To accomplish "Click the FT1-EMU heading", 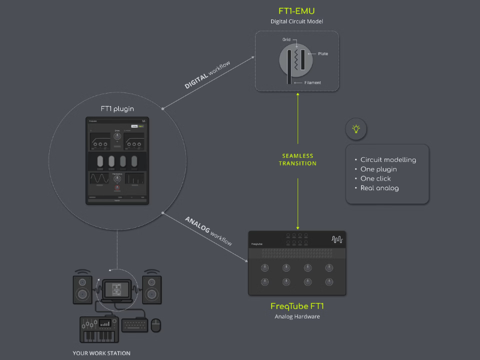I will [297, 11].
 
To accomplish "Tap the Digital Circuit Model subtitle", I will [297, 22].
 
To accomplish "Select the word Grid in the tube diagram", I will [287, 40].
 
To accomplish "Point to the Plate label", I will [322, 53].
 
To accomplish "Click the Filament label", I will [313, 83].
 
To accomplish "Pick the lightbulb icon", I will [356, 128].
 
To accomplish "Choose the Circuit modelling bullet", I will [388, 160].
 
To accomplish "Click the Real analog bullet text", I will [380, 188].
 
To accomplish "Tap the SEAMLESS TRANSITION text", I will [298, 160].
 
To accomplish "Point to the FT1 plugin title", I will [117, 109].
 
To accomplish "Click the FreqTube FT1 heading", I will [297, 306].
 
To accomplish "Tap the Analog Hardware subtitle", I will [297, 316].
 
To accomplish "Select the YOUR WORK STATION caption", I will [101, 353].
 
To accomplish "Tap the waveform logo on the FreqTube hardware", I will [336, 239].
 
